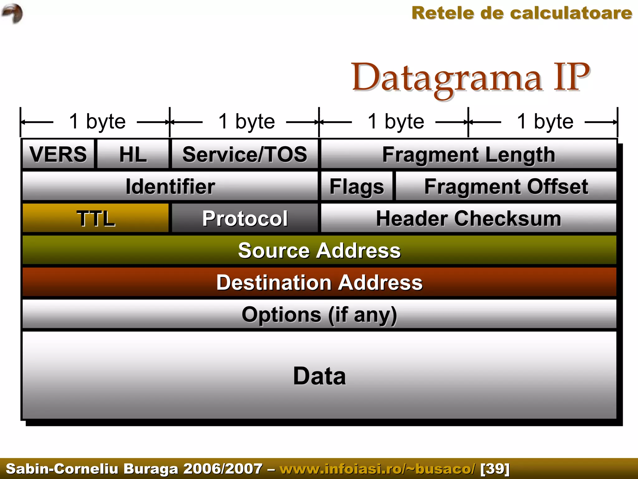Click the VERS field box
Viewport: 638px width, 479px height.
[x=58, y=154]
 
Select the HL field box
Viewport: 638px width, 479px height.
[x=133, y=154]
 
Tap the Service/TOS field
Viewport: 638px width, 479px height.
[x=245, y=154]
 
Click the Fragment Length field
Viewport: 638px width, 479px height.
[x=469, y=154]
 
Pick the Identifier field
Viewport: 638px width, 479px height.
[x=170, y=186]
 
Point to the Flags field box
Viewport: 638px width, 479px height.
[x=357, y=186]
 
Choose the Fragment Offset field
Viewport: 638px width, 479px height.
[x=506, y=186]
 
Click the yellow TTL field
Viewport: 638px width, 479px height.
[x=96, y=218]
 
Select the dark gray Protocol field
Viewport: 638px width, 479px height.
[x=245, y=218]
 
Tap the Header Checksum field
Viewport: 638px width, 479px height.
[x=469, y=218]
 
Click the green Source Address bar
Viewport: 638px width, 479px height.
[x=319, y=250]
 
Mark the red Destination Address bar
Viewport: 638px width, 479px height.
[x=319, y=282]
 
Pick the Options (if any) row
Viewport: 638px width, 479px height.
[x=319, y=314]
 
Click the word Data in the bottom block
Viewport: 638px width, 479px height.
[x=319, y=376]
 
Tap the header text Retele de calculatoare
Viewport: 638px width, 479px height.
[x=522, y=13]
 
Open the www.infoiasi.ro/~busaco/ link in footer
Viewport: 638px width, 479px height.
[x=378, y=469]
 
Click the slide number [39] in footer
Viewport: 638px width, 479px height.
[x=495, y=469]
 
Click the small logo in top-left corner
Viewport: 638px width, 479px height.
[x=12, y=13]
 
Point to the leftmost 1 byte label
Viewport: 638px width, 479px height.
[x=97, y=121]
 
